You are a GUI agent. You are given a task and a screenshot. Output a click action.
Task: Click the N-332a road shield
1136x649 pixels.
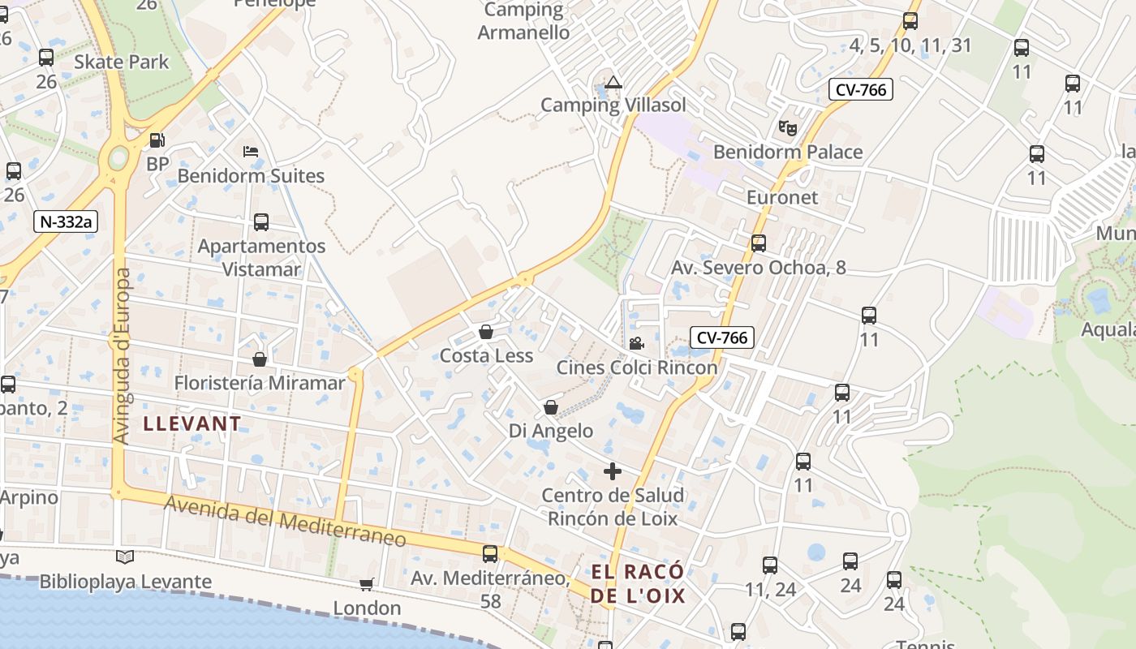[66, 221]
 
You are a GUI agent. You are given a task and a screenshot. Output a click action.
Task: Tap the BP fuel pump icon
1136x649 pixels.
[157, 140]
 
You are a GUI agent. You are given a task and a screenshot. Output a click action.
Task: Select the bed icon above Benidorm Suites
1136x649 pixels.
[251, 152]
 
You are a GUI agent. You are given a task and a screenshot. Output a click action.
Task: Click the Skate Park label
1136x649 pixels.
[122, 62]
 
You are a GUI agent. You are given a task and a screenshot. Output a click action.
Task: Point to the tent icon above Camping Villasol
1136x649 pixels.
[613, 82]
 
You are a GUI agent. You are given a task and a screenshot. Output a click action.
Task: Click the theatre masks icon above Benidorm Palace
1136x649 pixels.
[787, 127]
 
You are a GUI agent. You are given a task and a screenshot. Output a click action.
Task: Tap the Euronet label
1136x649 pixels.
[782, 197]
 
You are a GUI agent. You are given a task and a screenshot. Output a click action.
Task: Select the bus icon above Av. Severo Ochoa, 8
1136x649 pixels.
[759, 243]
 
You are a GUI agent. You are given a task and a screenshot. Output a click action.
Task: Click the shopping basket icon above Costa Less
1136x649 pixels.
[486, 332]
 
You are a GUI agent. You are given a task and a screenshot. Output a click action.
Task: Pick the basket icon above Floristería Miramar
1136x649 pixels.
[260, 359]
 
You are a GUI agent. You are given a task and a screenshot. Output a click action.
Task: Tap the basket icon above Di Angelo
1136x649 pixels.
[551, 406]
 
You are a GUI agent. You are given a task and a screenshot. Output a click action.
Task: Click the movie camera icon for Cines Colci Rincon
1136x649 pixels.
[636, 343]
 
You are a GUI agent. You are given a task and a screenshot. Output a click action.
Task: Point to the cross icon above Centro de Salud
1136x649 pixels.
[613, 471]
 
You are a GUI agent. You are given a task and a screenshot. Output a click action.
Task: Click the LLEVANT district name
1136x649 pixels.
[192, 423]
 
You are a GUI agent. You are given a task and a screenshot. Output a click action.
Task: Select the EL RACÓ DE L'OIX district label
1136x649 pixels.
[638, 584]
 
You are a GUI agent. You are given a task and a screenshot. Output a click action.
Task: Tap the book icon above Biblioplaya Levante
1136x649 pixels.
[124, 557]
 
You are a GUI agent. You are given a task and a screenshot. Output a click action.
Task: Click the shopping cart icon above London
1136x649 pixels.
[367, 584]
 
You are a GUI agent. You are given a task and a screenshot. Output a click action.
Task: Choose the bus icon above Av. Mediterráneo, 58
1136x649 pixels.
[490, 554]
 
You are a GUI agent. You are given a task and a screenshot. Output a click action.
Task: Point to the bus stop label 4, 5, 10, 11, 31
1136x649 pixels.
[910, 45]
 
